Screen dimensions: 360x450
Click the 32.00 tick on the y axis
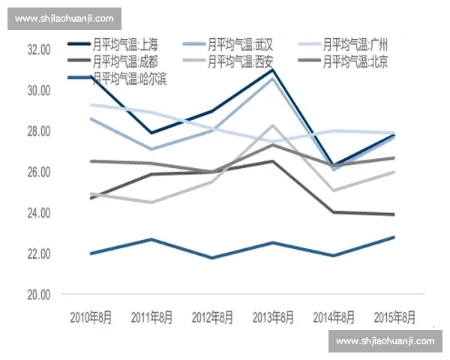click(x=38, y=49)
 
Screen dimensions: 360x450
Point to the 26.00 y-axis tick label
click(x=38, y=172)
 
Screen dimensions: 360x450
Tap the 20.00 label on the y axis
click(x=38, y=295)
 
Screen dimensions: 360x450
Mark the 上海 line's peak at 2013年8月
click(x=273, y=70)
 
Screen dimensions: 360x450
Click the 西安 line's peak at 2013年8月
click(x=273, y=125)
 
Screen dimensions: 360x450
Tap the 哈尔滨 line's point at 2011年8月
click(x=151, y=239)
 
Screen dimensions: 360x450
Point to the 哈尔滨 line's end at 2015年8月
click(x=394, y=238)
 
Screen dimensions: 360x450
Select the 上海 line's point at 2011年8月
click(x=151, y=133)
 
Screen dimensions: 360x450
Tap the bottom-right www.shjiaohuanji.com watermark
click(x=385, y=341)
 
